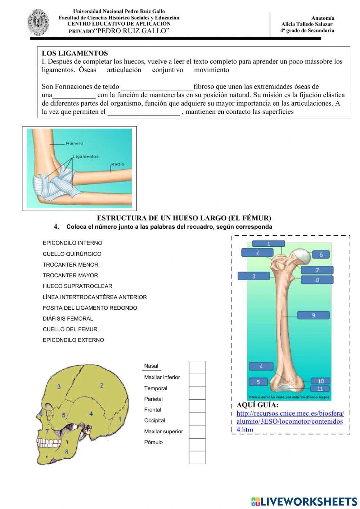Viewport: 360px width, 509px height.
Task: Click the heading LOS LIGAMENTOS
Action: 75,53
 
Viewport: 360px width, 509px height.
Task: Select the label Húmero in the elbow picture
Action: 74,143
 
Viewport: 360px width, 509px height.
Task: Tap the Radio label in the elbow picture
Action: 117,164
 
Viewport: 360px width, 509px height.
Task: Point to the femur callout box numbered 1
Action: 269,244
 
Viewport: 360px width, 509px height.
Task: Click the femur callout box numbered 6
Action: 321,255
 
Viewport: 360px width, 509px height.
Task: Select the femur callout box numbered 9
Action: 314,315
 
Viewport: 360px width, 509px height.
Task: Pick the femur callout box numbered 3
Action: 253,276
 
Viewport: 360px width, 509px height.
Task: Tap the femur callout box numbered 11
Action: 320,389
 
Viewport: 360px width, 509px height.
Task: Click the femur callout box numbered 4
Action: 261,366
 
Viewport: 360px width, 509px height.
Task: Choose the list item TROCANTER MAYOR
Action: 70,275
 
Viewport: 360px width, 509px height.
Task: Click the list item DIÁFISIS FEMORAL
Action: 68,318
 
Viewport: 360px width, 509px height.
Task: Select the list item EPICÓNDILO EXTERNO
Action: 73,340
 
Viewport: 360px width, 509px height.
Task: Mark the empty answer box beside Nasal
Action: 197,367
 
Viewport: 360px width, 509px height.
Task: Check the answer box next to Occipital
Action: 197,419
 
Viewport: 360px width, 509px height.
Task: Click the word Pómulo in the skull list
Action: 153,442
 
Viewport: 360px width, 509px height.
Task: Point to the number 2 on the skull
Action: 102,385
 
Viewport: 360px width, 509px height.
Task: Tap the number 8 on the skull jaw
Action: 67,451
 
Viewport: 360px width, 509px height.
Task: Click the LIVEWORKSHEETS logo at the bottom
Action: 304,501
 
